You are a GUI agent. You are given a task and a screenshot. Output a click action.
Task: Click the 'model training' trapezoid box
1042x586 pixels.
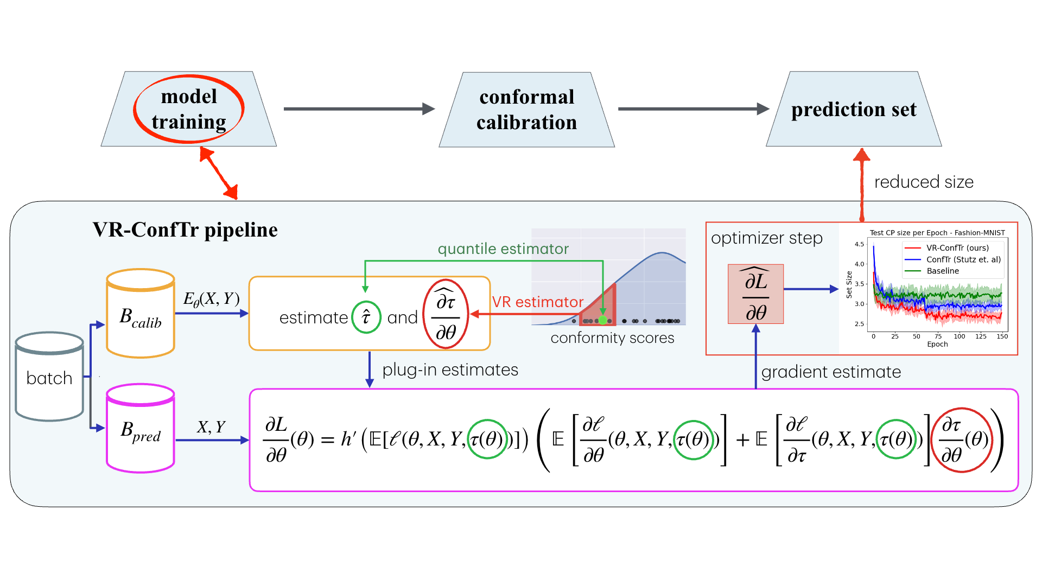tap(188, 109)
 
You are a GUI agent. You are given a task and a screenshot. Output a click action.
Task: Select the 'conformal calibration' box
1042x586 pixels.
tap(526, 110)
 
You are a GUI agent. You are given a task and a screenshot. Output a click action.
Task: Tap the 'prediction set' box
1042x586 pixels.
tap(854, 110)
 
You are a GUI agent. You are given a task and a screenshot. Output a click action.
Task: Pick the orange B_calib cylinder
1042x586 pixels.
tap(141, 315)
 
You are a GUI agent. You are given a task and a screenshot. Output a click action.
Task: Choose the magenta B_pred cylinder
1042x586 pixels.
tap(141, 430)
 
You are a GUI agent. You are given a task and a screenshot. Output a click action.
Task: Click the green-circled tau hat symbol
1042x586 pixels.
tap(366, 317)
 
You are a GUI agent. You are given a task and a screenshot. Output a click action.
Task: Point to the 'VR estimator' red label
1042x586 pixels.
tap(537, 302)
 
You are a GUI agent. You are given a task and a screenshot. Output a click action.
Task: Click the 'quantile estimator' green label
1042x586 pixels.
tap(503, 249)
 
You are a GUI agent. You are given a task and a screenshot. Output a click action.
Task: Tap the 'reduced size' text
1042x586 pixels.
tap(924, 182)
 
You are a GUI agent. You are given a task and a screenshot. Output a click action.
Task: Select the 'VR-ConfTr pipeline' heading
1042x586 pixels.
tap(185, 230)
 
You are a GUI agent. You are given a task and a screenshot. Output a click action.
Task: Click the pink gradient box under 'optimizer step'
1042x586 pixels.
tap(755, 294)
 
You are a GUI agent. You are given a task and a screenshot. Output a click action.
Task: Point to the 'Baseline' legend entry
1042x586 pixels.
tap(943, 271)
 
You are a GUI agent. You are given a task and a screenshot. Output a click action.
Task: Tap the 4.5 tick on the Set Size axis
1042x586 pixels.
tap(859, 244)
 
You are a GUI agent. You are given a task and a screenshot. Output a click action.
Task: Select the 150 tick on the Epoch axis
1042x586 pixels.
tap(1002, 336)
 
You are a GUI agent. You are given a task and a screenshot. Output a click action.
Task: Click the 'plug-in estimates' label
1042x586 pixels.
tap(450, 370)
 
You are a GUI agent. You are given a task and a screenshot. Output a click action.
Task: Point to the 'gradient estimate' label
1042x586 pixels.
tap(831, 372)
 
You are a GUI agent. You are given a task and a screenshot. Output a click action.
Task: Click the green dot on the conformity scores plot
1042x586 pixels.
tap(602, 320)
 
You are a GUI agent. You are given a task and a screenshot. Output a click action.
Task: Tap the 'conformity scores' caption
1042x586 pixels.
tap(612, 338)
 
